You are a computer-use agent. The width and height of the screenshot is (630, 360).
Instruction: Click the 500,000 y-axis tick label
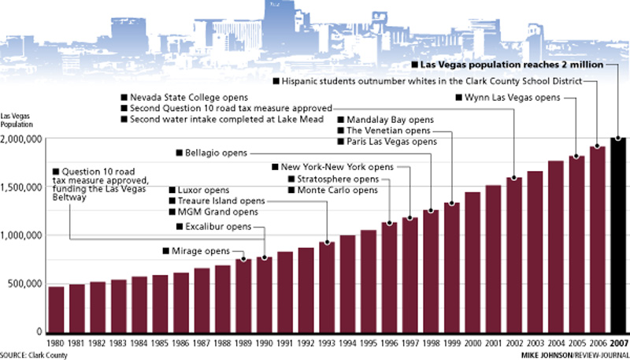coord(24,284)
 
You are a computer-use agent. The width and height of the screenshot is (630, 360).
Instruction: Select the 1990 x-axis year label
coord(264,343)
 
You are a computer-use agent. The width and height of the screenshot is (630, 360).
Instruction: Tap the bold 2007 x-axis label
coord(618,343)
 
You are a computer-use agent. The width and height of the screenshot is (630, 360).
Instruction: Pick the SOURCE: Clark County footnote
coord(34,354)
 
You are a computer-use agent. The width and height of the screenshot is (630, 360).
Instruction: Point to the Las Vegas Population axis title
coord(17,120)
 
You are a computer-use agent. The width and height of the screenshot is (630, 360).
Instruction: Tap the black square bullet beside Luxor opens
coord(172,190)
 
